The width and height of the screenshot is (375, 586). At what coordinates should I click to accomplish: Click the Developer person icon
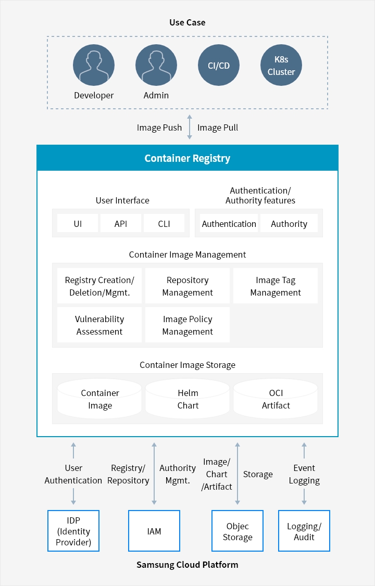[93, 65]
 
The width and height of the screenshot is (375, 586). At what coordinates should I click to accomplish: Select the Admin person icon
[156, 65]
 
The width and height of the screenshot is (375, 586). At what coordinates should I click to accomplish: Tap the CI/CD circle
[219, 65]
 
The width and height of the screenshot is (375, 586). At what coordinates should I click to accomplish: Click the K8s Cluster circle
[281, 65]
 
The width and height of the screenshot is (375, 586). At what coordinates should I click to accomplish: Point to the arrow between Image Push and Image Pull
[190, 127]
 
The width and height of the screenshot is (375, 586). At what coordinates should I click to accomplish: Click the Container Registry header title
[187, 158]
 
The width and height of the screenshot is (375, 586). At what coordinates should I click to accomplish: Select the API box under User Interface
[121, 223]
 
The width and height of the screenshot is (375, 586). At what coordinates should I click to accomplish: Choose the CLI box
[164, 223]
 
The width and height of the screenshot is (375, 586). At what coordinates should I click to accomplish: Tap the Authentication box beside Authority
[229, 223]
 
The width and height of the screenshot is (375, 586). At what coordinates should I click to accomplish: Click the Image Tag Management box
[276, 286]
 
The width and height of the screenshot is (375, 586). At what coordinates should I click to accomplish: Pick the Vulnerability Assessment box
[99, 325]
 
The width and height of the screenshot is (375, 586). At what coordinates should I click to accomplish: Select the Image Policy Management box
[187, 325]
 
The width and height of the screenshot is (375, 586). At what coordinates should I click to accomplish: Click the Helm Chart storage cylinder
[187, 399]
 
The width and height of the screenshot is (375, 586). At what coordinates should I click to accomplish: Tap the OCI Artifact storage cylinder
[276, 399]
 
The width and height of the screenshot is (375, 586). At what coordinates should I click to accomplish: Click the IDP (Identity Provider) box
[73, 531]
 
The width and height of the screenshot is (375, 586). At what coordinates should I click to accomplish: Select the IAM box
[154, 531]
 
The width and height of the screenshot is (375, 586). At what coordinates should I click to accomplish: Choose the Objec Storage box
[238, 531]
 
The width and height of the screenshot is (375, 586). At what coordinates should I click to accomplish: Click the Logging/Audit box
[304, 531]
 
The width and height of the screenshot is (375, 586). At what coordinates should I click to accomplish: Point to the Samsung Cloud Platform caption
[187, 564]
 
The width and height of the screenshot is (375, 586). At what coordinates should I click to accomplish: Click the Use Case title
[187, 22]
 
